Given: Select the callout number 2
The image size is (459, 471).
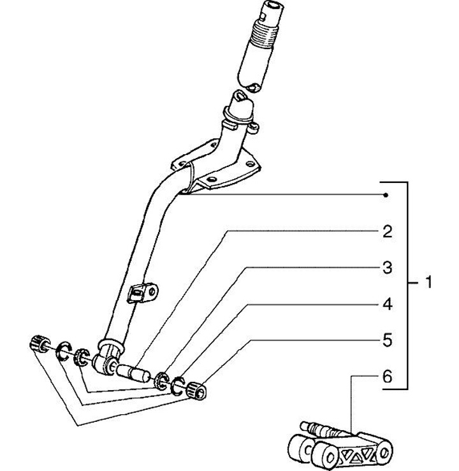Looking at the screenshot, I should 386,231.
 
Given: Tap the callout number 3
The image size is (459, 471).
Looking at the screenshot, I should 386,268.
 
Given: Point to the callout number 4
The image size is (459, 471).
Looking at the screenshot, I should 386,305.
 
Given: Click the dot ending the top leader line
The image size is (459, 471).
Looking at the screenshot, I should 386,194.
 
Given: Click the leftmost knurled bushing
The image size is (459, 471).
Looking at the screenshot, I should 39,343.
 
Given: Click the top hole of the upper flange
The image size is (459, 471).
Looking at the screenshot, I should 239,96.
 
